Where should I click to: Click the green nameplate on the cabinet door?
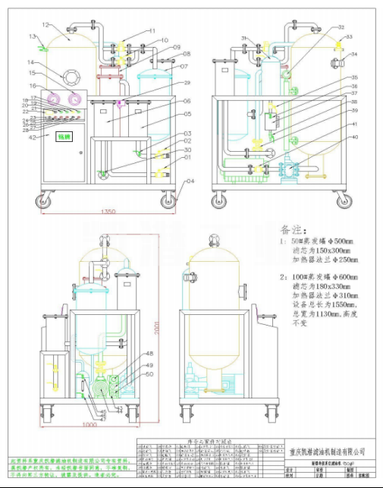[x=61, y=137]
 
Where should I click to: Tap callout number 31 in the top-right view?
[x=244, y=38]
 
